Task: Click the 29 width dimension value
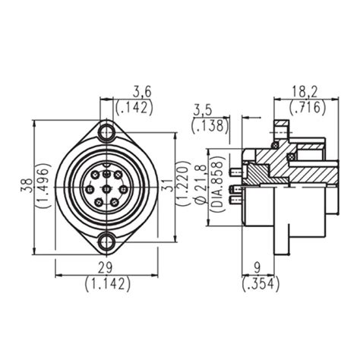coord(106,269)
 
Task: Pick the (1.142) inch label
coord(106,284)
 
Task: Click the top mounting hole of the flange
coord(106,134)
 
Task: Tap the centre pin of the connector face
coord(106,188)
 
